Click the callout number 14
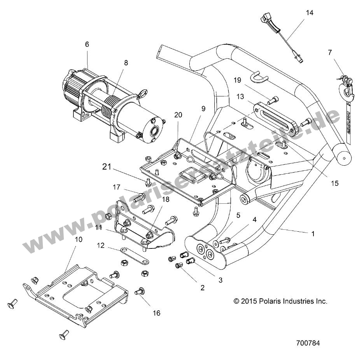pos(309,12)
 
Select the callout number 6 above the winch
pos(87,44)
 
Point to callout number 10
pos(79,239)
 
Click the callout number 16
pos(156,313)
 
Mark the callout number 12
pos(101,245)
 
